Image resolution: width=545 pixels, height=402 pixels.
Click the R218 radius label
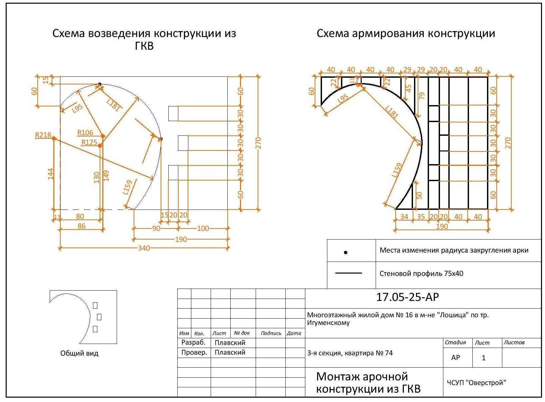point(43,135)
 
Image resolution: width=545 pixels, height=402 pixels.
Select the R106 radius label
point(85,133)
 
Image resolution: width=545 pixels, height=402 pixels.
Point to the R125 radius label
point(89,143)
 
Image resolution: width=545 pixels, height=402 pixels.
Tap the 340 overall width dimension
point(144,248)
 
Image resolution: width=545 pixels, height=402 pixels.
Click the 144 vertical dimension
point(51,174)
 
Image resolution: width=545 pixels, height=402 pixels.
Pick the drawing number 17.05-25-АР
point(407,297)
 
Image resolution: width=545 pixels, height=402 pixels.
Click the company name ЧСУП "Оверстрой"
point(476,383)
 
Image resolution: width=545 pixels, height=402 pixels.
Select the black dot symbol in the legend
point(346,253)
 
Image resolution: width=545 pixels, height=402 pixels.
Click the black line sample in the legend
point(348,273)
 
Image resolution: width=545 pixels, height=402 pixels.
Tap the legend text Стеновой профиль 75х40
point(421,274)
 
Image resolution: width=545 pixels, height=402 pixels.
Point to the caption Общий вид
point(79,353)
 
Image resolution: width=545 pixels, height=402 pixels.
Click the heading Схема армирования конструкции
point(406,33)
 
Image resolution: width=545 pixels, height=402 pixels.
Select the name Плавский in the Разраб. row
point(230,343)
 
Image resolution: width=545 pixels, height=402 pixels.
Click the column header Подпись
point(271,333)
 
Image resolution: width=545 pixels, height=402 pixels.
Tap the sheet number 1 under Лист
point(484,358)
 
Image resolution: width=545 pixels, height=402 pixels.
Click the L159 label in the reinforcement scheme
point(397,170)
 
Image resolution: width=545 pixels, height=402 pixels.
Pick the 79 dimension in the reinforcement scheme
point(422,96)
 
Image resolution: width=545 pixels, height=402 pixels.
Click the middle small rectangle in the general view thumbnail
point(99,317)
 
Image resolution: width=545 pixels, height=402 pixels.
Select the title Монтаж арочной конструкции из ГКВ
point(368,382)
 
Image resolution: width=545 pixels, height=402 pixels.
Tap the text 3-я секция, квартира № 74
point(350,353)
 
